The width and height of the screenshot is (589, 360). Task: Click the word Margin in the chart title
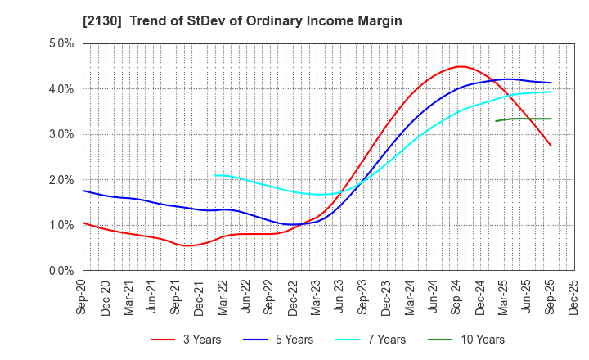[377, 20]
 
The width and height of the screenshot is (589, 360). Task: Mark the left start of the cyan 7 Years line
[214, 175]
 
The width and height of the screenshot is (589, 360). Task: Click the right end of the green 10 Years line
[551, 119]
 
